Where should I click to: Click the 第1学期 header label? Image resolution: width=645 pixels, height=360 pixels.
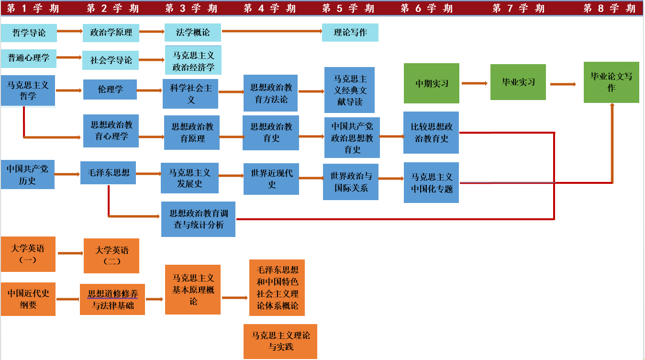point(33,8)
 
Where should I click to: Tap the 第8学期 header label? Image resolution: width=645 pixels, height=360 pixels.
point(609,8)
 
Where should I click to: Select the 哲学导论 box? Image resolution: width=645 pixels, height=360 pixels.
point(29,33)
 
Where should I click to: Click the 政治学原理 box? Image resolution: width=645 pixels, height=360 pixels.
point(111,33)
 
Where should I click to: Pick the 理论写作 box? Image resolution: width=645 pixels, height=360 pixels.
point(350,33)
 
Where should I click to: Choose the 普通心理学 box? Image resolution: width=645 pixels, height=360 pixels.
point(28,58)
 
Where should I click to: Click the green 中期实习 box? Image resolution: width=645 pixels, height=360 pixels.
point(432,83)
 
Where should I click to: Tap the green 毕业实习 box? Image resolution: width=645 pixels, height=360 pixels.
point(518,82)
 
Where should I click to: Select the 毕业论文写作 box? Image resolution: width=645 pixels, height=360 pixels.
point(611,82)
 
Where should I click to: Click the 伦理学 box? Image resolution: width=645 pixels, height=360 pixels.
point(110,90)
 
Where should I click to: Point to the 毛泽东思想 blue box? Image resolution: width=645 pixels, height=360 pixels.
point(108,173)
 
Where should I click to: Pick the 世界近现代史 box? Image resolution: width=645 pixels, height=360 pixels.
point(271,179)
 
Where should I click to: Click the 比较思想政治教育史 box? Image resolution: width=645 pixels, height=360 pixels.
point(431,133)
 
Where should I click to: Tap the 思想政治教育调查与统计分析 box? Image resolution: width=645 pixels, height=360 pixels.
point(198,219)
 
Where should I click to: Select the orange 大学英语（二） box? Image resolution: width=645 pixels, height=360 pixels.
point(111,256)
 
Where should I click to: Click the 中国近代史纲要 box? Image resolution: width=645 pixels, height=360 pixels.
point(28,299)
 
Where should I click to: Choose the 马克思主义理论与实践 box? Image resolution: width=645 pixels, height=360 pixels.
point(280,341)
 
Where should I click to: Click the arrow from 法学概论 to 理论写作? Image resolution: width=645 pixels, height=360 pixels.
point(272,31)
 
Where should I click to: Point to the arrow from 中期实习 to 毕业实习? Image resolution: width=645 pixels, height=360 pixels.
point(475,83)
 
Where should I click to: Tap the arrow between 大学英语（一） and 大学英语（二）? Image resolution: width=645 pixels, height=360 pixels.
point(70,253)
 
